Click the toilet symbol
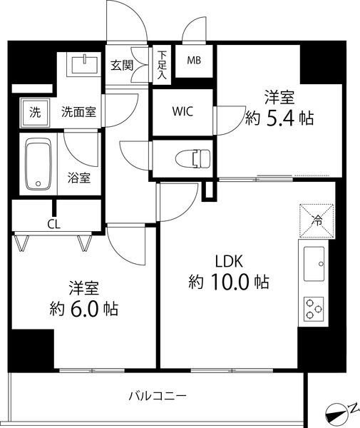click(193, 158)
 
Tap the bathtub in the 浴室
click(38, 164)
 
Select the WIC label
click(182, 111)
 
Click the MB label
click(194, 61)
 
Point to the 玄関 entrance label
click(122, 66)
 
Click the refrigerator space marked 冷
click(317, 221)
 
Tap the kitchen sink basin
click(314, 264)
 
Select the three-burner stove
click(314, 309)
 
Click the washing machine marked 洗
click(35, 113)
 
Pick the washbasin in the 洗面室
click(85, 64)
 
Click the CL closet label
click(53, 225)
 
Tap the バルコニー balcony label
click(158, 395)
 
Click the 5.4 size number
click(280, 118)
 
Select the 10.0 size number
click(230, 282)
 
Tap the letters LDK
click(229, 261)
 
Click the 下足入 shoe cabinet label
click(162, 66)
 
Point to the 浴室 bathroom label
click(79, 178)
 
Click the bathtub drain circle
click(38, 184)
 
